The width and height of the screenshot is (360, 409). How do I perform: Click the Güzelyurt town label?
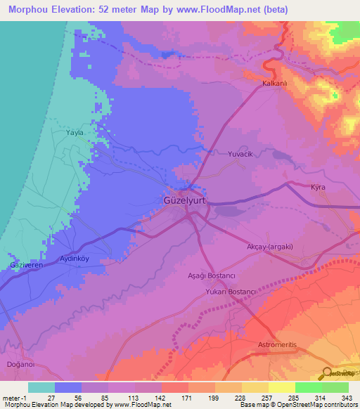pos(182,200)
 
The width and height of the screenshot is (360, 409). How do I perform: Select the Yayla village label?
pos(75,133)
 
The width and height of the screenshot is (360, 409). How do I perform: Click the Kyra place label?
pos(319,188)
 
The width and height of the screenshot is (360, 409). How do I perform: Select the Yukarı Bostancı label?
pos(230,291)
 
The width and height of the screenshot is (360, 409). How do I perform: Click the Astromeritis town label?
pos(278,346)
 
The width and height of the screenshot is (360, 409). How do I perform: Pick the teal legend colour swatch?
pos(41,387)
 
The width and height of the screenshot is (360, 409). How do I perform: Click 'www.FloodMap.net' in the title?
pos(212,9)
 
